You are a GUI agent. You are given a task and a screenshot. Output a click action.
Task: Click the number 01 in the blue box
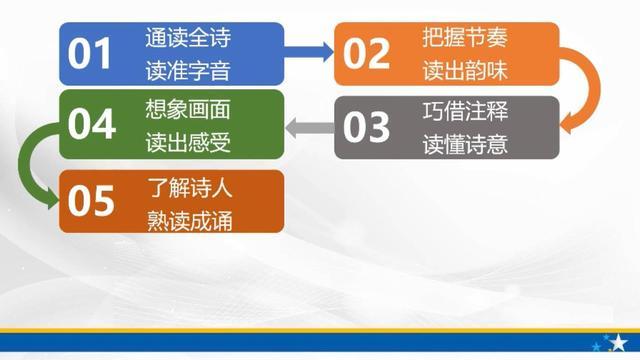point(89,54)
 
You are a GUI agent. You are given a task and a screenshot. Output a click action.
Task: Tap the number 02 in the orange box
point(366,54)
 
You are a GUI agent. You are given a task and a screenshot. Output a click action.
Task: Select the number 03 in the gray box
point(366,127)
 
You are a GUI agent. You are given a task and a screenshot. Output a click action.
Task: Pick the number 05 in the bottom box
point(91,201)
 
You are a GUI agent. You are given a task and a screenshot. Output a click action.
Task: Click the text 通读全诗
point(187,40)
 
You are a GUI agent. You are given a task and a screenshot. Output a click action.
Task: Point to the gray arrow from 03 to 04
point(309,126)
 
